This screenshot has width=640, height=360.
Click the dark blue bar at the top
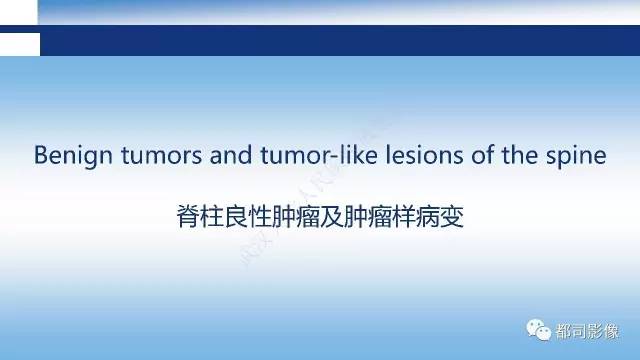tap(340, 41)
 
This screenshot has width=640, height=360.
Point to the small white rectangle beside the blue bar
tap(20, 43)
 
